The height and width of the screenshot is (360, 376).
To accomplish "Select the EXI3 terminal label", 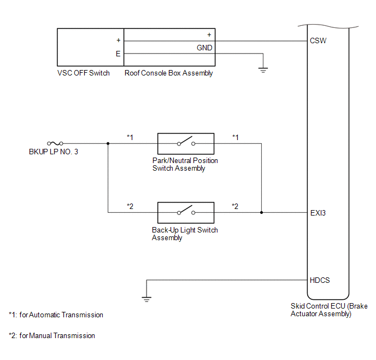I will [x=318, y=212].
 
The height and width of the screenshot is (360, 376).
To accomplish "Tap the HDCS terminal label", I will [x=319, y=280].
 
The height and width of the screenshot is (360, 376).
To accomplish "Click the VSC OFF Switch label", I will [x=84, y=73].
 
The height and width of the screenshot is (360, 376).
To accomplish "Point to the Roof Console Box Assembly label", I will [x=169, y=73].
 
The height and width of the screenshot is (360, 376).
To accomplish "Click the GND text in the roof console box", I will [x=205, y=48].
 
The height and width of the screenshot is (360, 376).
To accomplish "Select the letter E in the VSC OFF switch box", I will [x=117, y=54].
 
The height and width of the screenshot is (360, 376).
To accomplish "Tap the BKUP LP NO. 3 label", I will [x=54, y=152].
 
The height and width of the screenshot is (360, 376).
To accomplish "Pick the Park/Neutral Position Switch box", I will [x=185, y=143].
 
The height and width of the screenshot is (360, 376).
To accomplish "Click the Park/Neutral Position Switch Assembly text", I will [x=185, y=165].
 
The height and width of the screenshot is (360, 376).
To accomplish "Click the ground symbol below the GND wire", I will [x=263, y=69].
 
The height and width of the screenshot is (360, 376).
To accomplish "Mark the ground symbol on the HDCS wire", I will [x=146, y=298].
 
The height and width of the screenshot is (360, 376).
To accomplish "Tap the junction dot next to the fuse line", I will [x=108, y=143].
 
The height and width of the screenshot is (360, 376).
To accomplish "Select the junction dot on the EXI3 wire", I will [x=262, y=212].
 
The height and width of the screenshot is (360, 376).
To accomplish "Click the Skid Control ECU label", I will [x=321, y=310].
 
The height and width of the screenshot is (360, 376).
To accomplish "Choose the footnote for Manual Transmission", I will [x=52, y=335].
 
